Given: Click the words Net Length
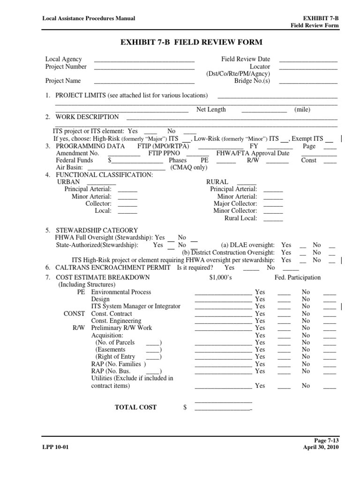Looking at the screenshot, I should point(211,110).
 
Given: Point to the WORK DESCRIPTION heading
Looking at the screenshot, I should point(87,117).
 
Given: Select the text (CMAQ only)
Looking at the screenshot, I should point(182,167).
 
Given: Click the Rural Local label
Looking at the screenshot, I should point(241,218).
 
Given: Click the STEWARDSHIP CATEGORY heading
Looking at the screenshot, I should point(97,230).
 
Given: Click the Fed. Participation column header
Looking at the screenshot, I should point(298,277).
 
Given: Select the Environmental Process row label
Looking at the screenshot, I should point(121,292).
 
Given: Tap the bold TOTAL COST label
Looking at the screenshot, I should point(136,407).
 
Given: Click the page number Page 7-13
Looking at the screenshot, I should point(325,441).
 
